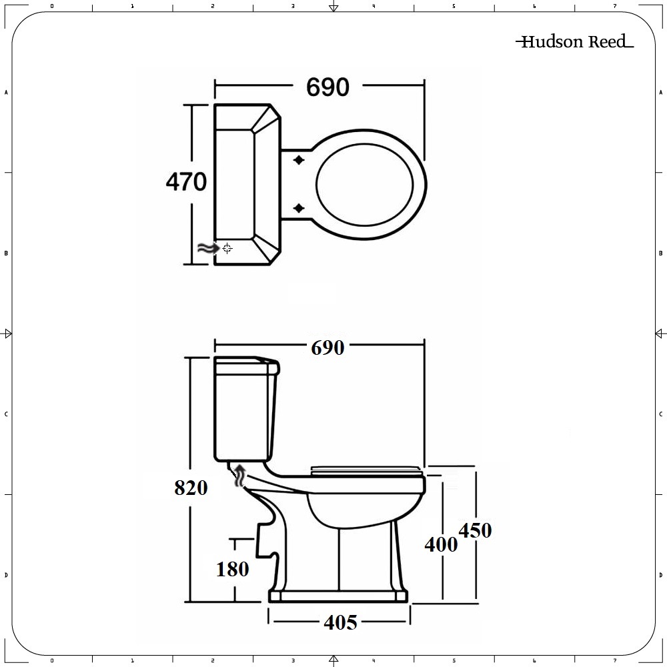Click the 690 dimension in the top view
click(327, 87)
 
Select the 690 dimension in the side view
click(327, 348)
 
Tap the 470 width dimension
click(186, 181)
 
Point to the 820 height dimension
click(191, 488)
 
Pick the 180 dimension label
click(232, 569)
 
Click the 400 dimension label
click(442, 544)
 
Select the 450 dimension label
click(475, 530)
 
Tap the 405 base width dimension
click(340, 622)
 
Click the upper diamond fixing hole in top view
click(299, 160)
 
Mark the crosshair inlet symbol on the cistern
click(227, 248)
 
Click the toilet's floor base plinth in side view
click(338, 595)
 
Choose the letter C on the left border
click(6, 414)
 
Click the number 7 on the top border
click(614, 6)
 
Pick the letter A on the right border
click(660, 93)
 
